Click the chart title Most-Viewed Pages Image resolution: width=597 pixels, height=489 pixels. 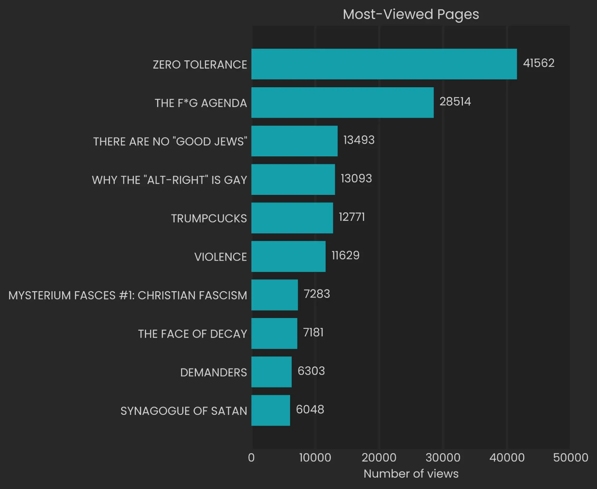tap(411, 14)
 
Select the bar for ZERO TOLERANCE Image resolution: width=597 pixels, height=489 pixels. tap(384, 64)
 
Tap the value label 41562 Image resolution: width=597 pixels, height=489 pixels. tap(538, 63)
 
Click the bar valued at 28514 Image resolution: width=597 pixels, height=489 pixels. tap(342, 103)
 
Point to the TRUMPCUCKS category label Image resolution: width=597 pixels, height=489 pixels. tap(209, 218)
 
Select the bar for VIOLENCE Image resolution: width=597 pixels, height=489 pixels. tap(288, 256)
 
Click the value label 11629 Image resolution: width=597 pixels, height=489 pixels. tap(345, 256)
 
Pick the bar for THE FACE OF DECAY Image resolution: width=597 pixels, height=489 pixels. tap(274, 333)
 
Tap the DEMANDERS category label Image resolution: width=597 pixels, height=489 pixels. tap(213, 372)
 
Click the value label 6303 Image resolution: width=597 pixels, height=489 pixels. tap(311, 371)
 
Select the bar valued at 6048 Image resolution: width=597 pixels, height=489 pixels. tap(271, 410)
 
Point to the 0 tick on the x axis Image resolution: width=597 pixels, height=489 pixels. tap(251, 458)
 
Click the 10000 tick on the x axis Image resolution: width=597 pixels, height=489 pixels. tap(315, 458)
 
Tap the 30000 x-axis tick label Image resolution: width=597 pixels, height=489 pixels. tap(443, 458)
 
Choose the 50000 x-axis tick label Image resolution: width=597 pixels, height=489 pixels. tap(570, 458)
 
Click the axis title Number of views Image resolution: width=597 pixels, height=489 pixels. tap(411, 474)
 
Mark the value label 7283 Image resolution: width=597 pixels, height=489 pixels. tap(317, 294)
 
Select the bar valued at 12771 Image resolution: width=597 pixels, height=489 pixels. tap(292, 218)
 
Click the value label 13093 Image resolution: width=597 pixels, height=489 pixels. tap(356, 178)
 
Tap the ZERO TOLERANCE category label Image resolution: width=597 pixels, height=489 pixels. tap(200, 65)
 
